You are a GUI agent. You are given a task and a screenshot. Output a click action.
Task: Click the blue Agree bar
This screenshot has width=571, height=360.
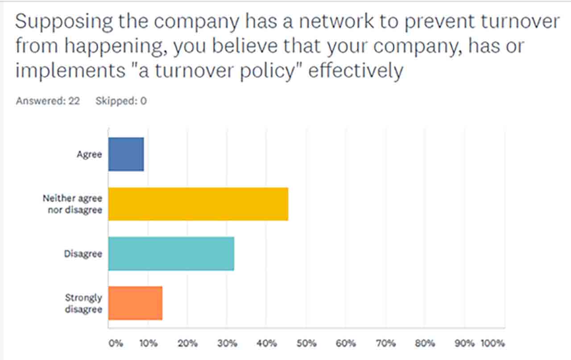click(126, 154)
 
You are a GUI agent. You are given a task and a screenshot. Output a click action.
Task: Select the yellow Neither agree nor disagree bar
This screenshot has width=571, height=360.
click(198, 204)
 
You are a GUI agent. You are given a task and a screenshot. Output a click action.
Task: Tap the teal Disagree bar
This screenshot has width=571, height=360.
click(171, 254)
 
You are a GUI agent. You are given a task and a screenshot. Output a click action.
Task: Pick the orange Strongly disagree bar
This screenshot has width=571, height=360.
click(135, 303)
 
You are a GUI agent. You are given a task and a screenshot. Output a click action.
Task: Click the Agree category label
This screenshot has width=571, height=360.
click(90, 155)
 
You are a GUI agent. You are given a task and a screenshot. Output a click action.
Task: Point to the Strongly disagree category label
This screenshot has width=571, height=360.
click(84, 303)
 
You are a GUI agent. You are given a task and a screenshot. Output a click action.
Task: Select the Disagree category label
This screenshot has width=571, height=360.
click(83, 254)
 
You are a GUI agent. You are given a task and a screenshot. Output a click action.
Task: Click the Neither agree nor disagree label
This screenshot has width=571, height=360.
click(73, 204)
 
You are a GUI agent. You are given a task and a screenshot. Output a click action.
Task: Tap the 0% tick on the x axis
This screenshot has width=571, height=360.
click(115, 343)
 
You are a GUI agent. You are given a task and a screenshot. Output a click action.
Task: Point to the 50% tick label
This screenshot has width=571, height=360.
click(306, 343)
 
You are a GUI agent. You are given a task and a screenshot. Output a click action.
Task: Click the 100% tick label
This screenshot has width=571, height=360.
click(492, 343)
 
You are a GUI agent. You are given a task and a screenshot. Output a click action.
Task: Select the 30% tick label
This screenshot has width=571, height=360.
click(227, 343)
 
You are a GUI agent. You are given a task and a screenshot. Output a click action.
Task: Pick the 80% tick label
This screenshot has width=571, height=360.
click(425, 343)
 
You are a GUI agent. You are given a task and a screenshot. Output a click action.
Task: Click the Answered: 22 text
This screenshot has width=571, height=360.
click(48, 101)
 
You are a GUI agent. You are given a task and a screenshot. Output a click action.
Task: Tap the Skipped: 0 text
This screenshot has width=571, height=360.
click(121, 101)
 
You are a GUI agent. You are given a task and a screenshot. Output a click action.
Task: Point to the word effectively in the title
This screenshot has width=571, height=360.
click(356, 71)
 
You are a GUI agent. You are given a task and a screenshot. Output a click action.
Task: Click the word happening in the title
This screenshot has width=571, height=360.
click(112, 47)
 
